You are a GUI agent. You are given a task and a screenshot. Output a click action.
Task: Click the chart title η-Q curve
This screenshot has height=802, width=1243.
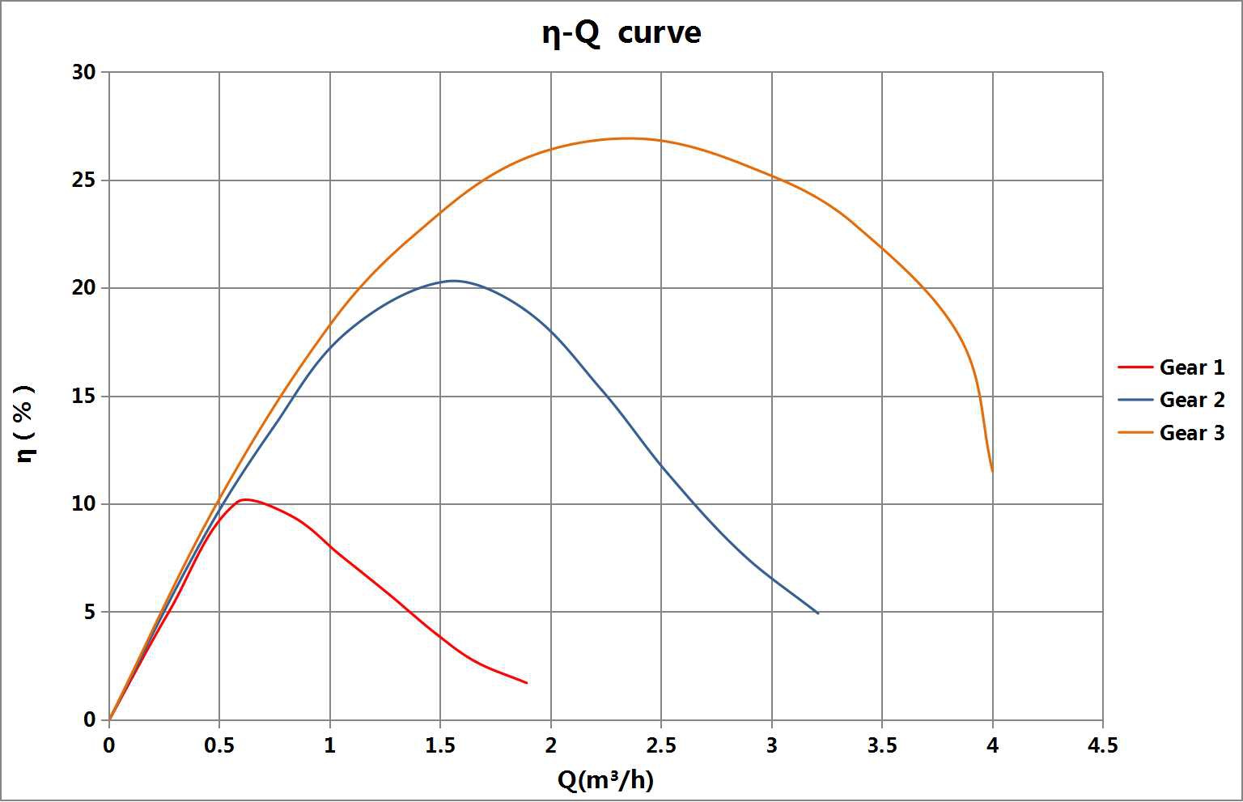(621, 34)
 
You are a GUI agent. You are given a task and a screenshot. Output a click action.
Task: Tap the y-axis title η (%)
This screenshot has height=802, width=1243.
(26, 422)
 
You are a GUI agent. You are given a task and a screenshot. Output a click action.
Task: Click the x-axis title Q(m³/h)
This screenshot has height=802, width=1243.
(605, 780)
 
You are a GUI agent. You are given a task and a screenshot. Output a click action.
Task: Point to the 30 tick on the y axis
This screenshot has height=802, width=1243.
(84, 72)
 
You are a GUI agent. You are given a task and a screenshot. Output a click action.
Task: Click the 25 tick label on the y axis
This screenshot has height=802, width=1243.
(84, 180)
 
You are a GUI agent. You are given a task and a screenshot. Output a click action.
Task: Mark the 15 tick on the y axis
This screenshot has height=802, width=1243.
(84, 396)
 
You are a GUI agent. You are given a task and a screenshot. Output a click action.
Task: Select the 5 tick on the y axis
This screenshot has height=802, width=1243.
(89, 612)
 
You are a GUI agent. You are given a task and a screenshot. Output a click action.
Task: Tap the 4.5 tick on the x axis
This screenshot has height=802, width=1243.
(1102, 745)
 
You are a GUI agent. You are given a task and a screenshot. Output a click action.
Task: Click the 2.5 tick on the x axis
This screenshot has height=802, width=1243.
(661, 745)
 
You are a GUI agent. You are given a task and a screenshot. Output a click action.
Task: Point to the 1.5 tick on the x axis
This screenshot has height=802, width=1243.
(440, 745)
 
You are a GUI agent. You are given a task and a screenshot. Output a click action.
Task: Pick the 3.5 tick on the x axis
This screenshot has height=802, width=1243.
(882, 745)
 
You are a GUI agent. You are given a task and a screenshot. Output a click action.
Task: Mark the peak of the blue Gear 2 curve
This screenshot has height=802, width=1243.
(453, 281)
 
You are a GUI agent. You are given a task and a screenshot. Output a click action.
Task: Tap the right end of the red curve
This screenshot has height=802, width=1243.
(527, 683)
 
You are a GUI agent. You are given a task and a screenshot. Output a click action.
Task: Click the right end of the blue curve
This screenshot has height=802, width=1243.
(818, 613)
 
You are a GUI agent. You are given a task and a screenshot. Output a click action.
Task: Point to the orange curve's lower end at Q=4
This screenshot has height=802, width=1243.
(992, 472)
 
